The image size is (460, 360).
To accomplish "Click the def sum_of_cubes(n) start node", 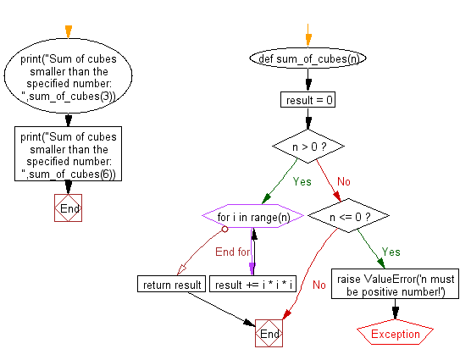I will (306, 60).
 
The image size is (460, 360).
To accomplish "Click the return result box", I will (170, 285).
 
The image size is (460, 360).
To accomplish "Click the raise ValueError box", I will (396, 285).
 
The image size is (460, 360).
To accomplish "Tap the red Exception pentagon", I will (396, 334).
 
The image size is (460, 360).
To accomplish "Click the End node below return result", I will (269, 335).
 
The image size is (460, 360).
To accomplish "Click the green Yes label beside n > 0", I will (302, 181).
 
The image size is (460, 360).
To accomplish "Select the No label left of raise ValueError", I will (319, 285).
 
